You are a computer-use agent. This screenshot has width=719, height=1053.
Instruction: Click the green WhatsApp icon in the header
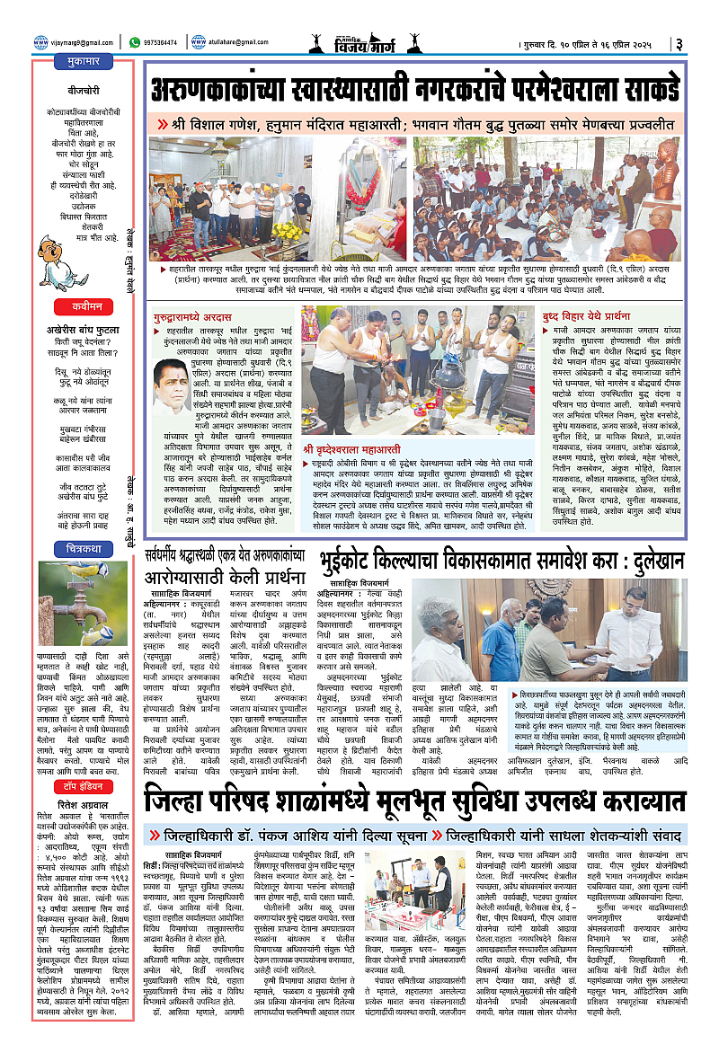pyautogui.click(x=134, y=41)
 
